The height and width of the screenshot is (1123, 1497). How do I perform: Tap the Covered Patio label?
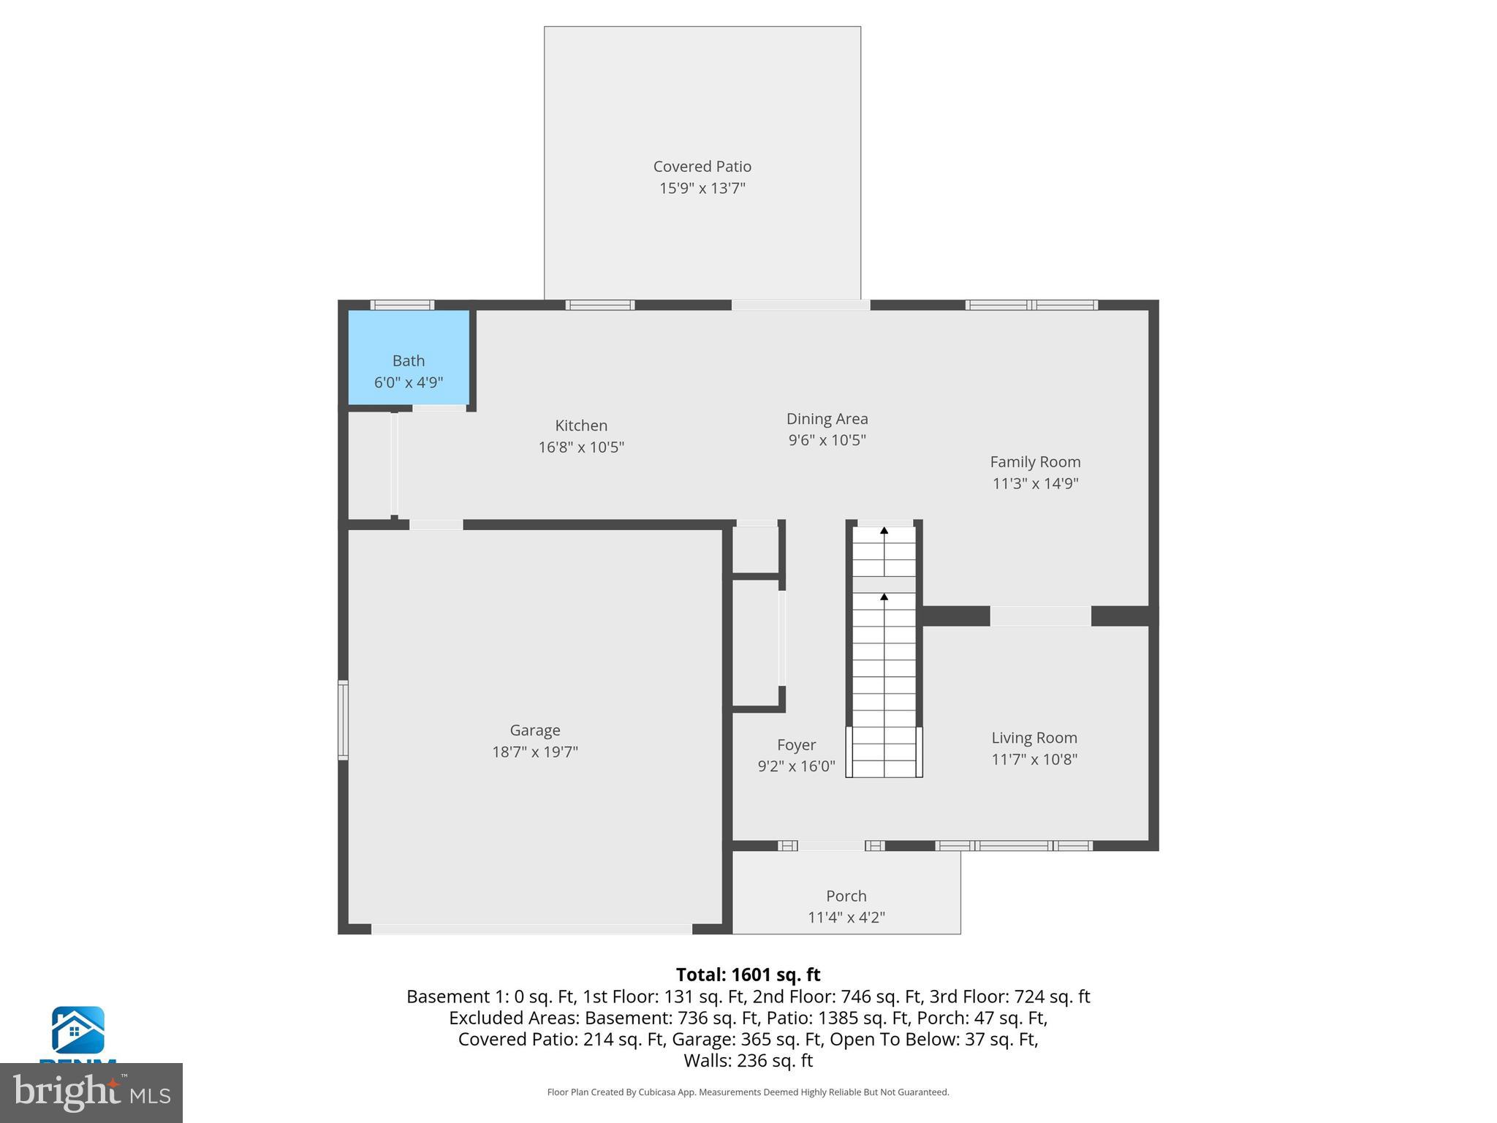coord(702,167)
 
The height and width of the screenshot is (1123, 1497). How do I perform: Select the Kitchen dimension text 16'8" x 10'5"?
coord(581,447)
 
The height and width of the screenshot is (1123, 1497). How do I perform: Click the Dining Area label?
coord(827,419)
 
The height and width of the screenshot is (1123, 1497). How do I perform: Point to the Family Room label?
coord(1034,462)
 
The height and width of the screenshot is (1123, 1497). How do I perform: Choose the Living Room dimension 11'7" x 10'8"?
coord(1034,760)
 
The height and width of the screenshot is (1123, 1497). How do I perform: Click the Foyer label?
coord(796,745)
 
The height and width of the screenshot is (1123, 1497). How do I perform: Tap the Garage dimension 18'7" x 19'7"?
coord(534,752)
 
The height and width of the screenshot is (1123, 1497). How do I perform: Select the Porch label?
coord(846,896)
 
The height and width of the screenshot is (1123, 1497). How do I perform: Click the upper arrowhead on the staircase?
coord(884,531)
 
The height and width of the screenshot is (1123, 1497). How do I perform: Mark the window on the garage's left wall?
coord(342,720)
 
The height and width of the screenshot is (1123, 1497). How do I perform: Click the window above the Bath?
coord(402,305)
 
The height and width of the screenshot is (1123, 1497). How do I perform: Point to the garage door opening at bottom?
coord(531,929)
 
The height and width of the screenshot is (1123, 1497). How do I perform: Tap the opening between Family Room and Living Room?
coord(1040,616)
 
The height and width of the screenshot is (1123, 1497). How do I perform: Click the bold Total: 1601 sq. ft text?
coord(748,975)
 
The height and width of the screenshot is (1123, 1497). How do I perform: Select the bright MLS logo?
coord(91,1092)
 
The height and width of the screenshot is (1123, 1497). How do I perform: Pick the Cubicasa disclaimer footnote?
coord(748,1092)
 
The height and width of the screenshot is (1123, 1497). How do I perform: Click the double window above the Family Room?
coord(1031,305)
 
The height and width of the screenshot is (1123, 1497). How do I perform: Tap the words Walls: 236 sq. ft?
coord(748,1060)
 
